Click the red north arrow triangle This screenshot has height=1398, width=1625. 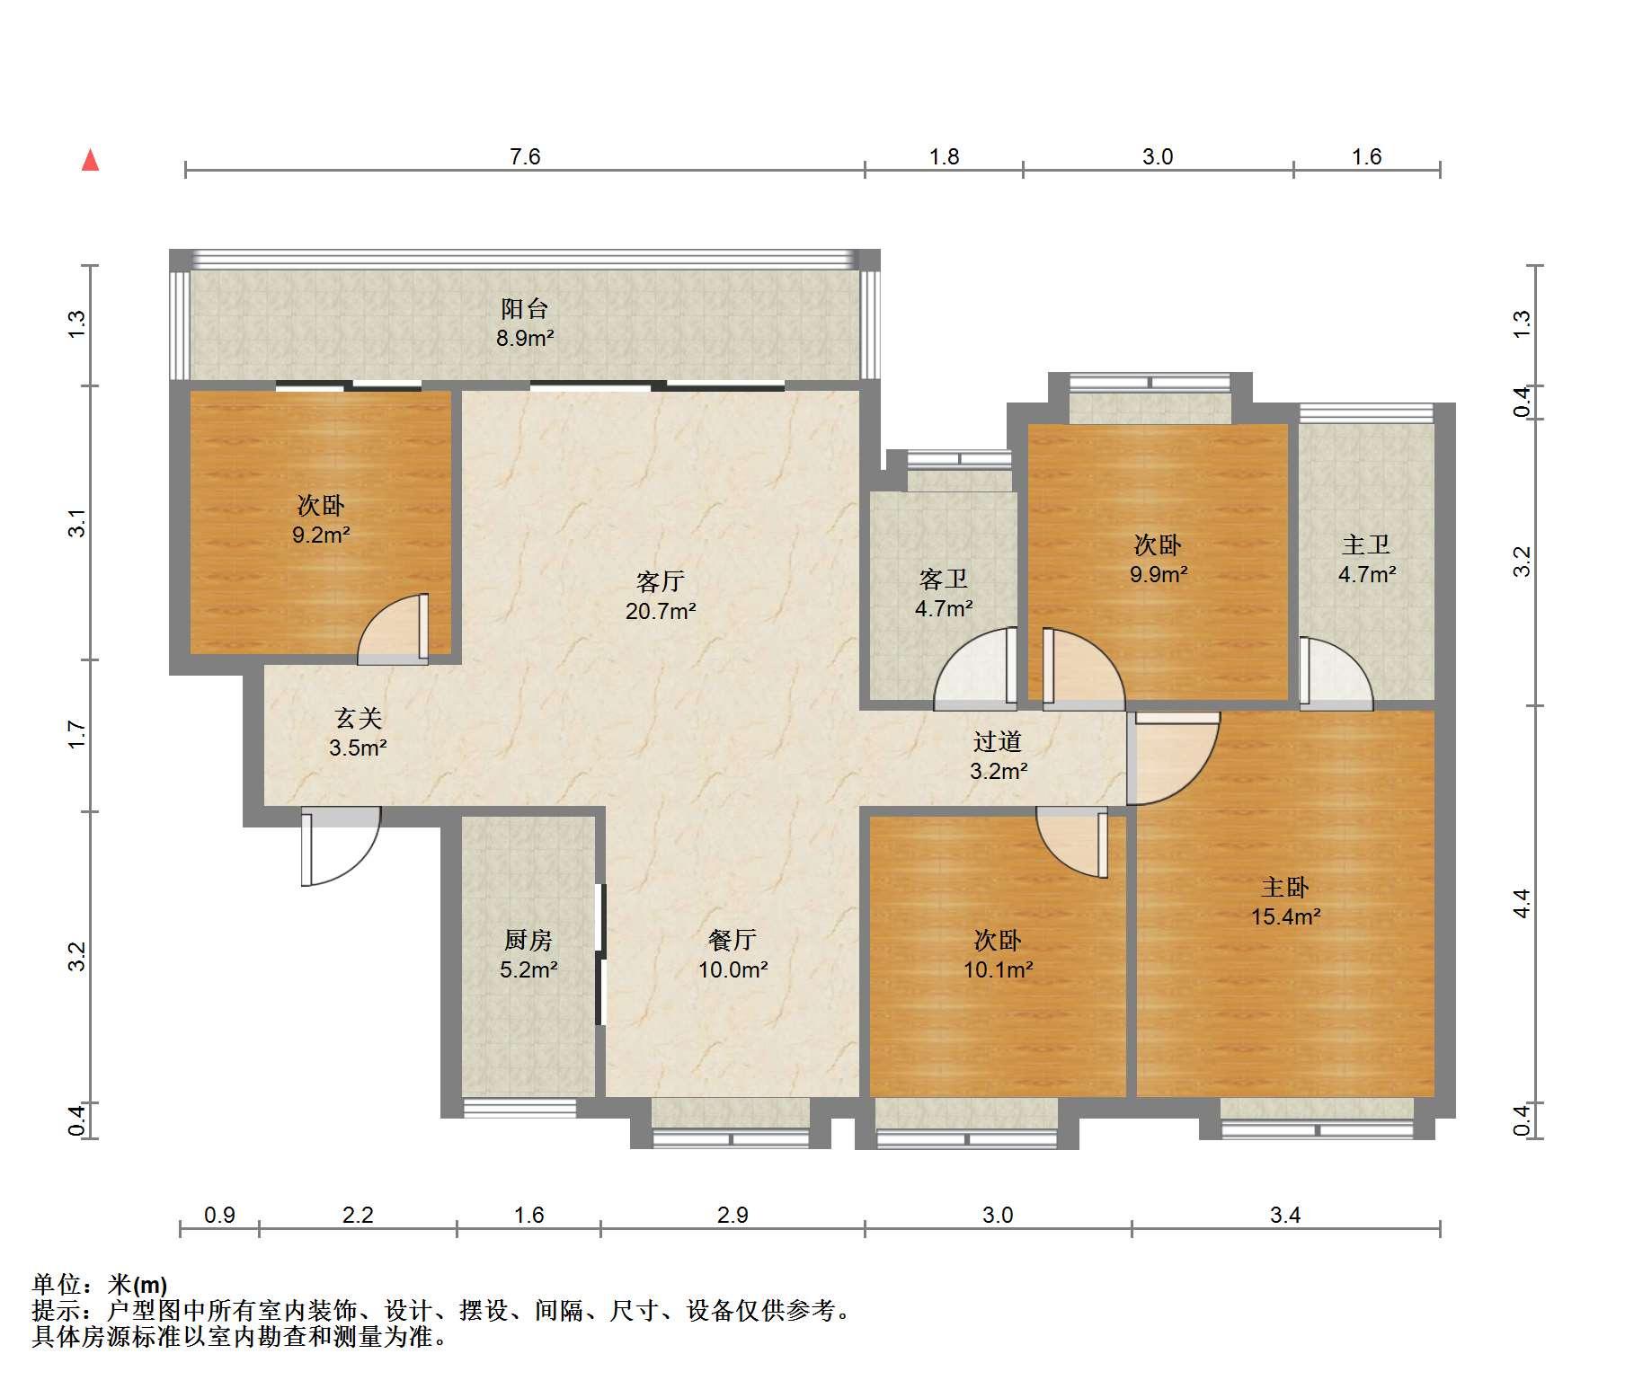click(90, 160)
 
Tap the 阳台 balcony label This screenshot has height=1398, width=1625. click(526, 323)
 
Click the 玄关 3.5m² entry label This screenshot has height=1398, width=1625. click(359, 732)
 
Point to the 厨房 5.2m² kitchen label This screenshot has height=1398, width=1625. click(528, 954)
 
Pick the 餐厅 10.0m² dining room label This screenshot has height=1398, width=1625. click(733, 954)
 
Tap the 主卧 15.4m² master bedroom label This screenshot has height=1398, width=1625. click(1285, 902)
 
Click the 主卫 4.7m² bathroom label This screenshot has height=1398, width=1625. click(1366, 559)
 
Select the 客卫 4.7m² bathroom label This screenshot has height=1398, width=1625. click(944, 593)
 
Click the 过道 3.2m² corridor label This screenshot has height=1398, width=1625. click(999, 756)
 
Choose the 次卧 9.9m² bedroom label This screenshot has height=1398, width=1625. click(1159, 559)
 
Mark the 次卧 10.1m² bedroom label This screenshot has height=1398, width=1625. click(998, 954)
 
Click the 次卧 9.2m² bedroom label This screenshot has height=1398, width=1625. click(321, 519)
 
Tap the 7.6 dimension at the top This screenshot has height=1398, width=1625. click(525, 157)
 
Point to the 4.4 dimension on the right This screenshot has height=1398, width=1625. click(1522, 903)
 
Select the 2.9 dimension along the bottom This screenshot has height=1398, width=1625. click(733, 1215)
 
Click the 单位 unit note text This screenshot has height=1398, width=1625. click(100, 1285)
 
